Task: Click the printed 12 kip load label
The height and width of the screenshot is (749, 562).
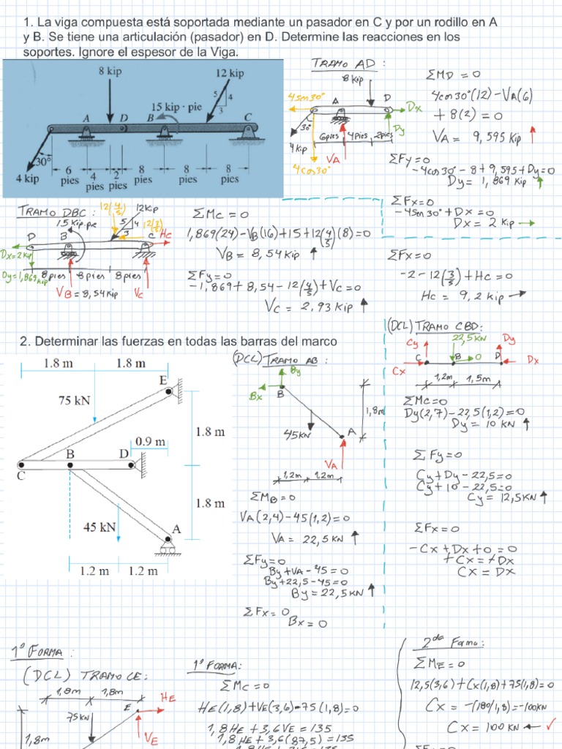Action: pyautogui.click(x=230, y=73)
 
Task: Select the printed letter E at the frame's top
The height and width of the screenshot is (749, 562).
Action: pyautogui.click(x=162, y=380)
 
